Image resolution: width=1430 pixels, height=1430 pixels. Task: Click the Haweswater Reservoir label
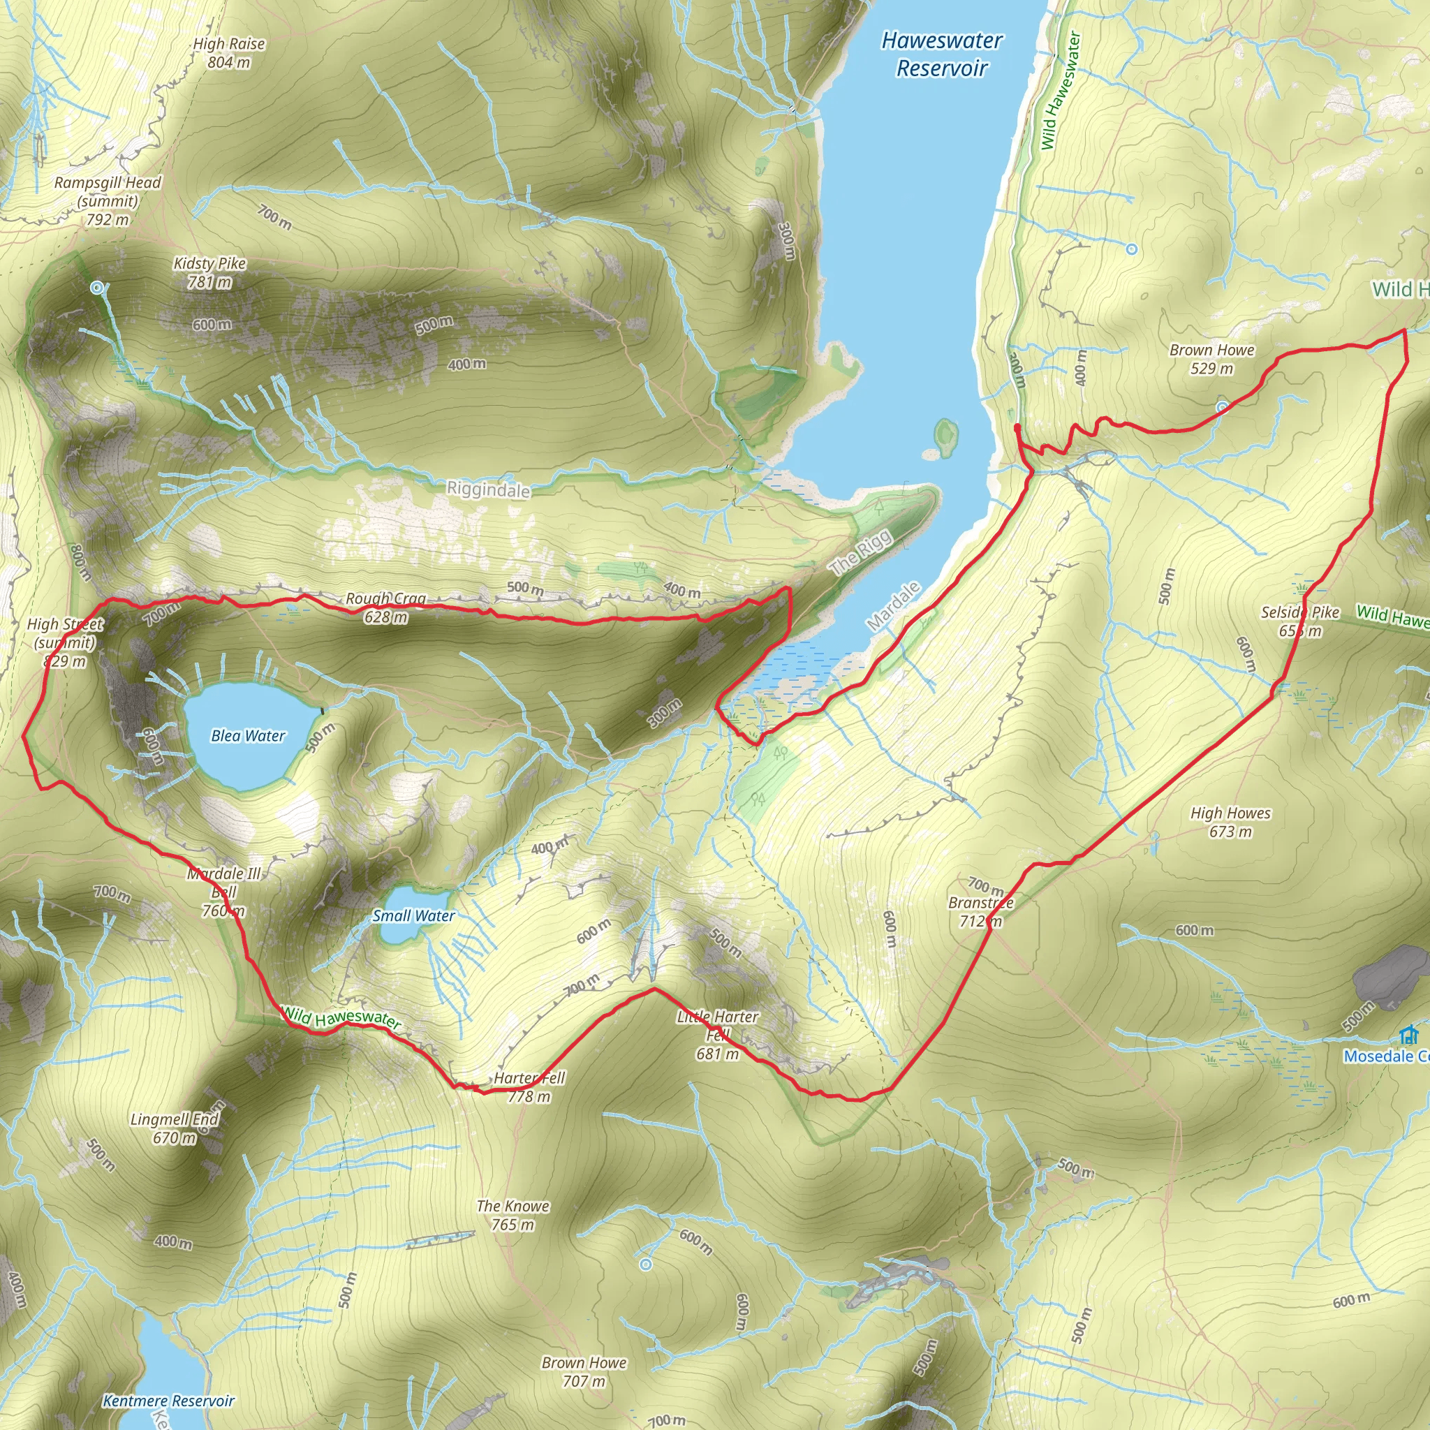point(941,54)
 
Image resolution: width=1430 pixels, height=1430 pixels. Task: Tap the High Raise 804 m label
point(229,53)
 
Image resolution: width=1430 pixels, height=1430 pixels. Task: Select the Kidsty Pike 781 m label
point(209,272)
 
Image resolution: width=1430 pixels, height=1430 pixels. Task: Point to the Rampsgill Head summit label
point(108,200)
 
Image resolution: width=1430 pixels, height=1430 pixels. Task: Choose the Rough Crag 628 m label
point(385,607)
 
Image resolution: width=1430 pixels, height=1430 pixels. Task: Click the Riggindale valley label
point(488,489)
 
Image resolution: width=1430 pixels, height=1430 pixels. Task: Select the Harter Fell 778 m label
point(529,1086)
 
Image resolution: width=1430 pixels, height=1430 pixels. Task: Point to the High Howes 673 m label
point(1230,822)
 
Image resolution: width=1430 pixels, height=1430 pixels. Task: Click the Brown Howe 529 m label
point(1211,359)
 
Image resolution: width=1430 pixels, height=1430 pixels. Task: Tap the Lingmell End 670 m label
point(175,1128)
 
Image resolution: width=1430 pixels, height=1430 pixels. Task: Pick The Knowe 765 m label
point(513,1216)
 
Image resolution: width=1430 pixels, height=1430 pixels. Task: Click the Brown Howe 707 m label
point(584,1371)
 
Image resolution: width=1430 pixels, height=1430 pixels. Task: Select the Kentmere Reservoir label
point(169,1401)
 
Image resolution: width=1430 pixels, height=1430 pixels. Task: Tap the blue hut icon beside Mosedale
point(1408,1035)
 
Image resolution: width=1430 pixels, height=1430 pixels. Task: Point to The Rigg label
point(862,553)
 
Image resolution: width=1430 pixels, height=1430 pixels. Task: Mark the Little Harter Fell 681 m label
point(717,1035)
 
